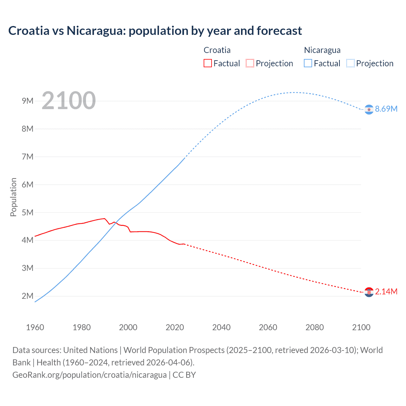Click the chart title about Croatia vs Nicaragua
[x=155, y=31]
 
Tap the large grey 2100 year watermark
[x=69, y=101]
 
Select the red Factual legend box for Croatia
[x=207, y=63]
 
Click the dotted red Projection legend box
[x=250, y=63]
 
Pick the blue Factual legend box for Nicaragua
[x=308, y=63]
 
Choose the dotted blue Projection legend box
[x=350, y=63]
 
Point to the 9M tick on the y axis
[x=28, y=101]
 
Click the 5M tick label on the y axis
[x=28, y=213]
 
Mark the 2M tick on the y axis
[x=28, y=296]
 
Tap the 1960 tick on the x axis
[x=35, y=327]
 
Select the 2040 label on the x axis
[x=221, y=327]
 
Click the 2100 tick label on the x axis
[x=361, y=327]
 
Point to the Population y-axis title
[x=13, y=197]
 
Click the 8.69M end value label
[x=386, y=109]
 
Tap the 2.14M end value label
[x=386, y=291]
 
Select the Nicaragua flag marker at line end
[x=369, y=109]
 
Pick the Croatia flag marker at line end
[x=369, y=292]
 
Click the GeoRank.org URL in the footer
[x=89, y=375]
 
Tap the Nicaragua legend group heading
[x=322, y=50]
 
